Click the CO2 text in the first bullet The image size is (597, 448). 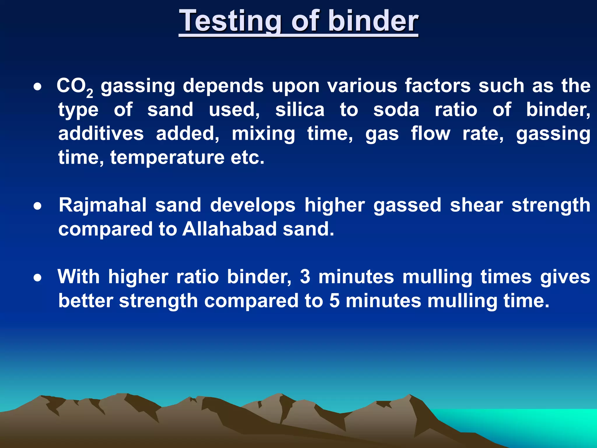click(x=74, y=86)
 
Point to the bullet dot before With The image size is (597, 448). click(x=37, y=278)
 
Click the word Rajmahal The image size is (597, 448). click(x=103, y=205)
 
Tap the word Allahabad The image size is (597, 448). click(x=229, y=229)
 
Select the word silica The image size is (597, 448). click(x=300, y=110)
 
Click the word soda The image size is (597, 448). click(x=396, y=110)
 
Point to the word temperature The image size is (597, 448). click(x=167, y=158)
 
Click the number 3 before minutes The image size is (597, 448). click(x=305, y=276)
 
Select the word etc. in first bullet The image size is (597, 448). click(x=247, y=158)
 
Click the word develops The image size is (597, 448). click(x=253, y=205)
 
